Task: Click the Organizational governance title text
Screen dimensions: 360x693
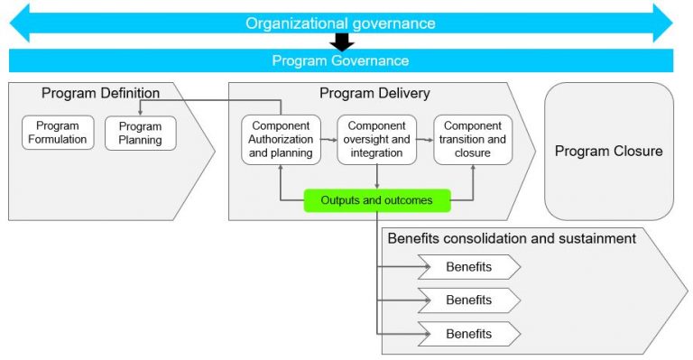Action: coord(340,23)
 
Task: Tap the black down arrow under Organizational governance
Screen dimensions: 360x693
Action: coord(341,42)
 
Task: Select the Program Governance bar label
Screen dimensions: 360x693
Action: coord(340,61)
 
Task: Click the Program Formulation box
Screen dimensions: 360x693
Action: coord(58,133)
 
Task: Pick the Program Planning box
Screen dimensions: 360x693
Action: coord(140,133)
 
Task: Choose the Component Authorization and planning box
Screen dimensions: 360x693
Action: coord(281,139)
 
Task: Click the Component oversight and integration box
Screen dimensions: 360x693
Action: coord(376,139)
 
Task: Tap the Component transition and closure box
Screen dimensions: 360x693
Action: coord(473,139)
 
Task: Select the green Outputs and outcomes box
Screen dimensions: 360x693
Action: coord(376,199)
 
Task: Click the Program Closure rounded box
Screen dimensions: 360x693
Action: coord(608,152)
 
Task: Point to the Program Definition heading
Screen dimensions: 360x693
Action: coord(100,93)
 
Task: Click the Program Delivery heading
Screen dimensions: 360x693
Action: coord(374,93)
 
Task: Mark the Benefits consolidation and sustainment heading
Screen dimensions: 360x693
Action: coord(512,238)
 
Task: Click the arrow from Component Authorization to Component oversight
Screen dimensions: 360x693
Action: coord(328,140)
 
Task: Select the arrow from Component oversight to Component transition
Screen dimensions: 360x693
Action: coord(425,140)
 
